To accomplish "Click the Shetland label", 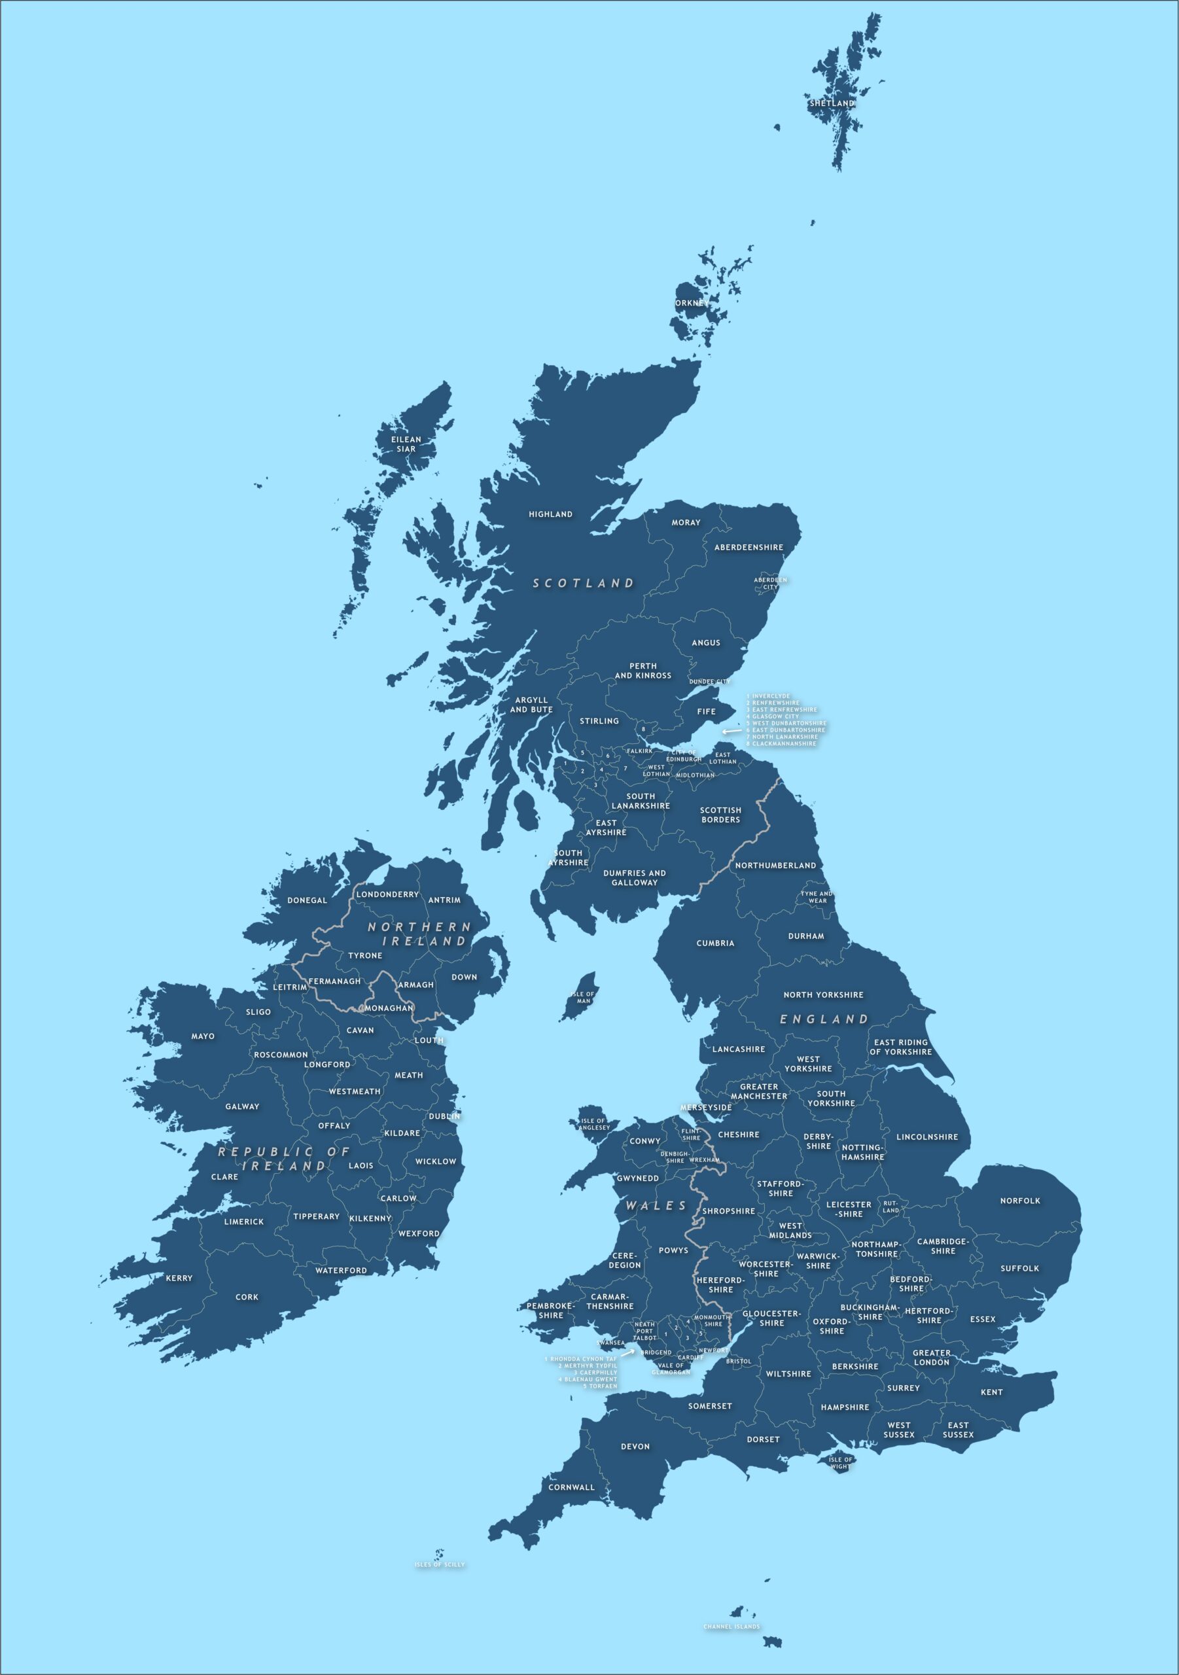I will coord(831,103).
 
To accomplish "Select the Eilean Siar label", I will coord(406,444).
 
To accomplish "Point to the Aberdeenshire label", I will coord(748,547).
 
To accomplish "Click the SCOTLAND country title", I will coord(583,584).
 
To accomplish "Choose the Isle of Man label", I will coord(584,997).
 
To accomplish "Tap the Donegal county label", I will coord(307,900).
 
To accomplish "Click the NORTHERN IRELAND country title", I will coord(419,934).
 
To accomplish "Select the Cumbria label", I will coord(715,943).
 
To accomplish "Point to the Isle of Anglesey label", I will coord(594,1124).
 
